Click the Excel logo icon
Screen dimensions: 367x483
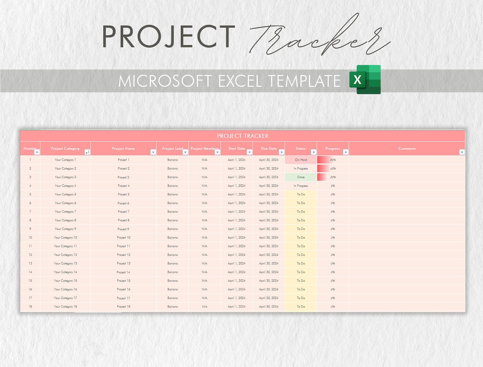tap(365, 79)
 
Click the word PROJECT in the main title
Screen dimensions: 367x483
tap(169, 36)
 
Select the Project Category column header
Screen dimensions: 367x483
tap(65, 148)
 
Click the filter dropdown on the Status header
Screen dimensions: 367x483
tap(314, 152)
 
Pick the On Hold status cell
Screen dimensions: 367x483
tap(301, 160)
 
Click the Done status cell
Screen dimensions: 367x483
tap(301, 177)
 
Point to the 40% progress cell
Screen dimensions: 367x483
tap(333, 169)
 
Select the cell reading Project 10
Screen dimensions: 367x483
tap(124, 238)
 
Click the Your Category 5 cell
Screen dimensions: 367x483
tap(65, 194)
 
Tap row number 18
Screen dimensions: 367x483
tap(30, 307)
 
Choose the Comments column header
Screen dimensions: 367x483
tap(407, 148)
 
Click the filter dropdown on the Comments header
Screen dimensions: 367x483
tap(462, 152)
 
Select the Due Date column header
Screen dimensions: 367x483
tap(269, 148)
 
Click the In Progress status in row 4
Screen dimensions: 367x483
tap(301, 186)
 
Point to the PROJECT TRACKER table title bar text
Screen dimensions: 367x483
tap(242, 136)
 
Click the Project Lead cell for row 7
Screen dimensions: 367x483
tap(172, 211)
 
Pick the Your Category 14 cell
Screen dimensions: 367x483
tap(65, 272)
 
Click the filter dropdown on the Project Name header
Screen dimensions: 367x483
tap(153, 152)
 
